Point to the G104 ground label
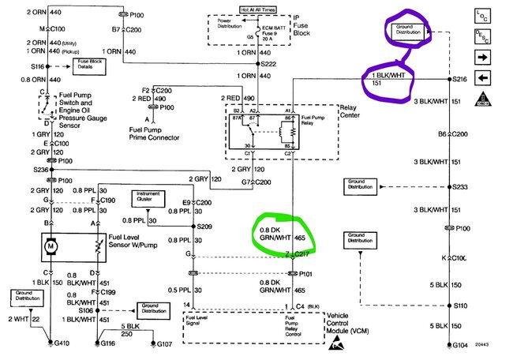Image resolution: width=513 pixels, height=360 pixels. pyautogui.click(x=460, y=346)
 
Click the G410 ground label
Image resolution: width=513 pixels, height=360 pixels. pyautogui.click(x=59, y=344)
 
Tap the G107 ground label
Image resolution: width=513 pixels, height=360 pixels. pyautogui.click(x=164, y=344)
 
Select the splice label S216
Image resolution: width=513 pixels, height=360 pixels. pyautogui.click(x=460, y=80)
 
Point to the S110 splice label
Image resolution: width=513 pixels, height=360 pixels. pyautogui.click(x=460, y=304)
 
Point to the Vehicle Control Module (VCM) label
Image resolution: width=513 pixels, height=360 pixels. pyautogui.click(x=347, y=321)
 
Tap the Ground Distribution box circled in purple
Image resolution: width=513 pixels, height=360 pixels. pyautogui.click(x=406, y=31)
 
